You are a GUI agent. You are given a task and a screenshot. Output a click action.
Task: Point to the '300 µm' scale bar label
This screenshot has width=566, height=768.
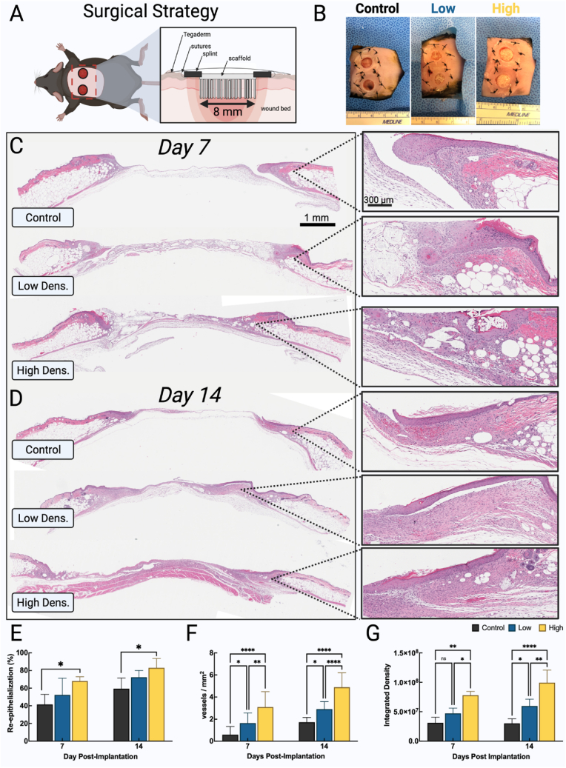[x=379, y=198]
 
